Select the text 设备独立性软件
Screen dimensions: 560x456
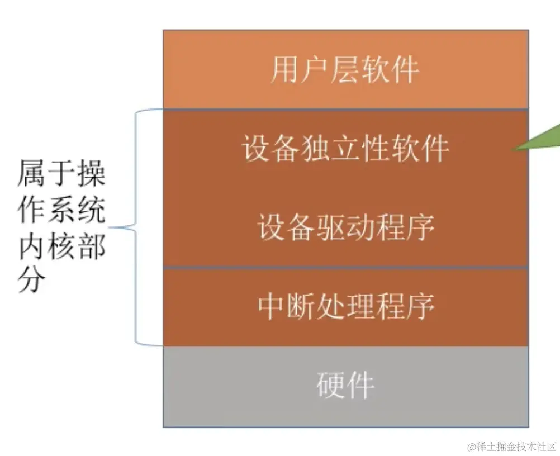coord(345,149)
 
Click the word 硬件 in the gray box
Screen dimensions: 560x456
coord(345,385)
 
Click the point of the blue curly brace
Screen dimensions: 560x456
coord(111,227)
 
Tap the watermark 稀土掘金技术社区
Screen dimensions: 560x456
coord(517,446)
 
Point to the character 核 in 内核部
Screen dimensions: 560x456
coord(61,246)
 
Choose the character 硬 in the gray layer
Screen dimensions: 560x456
coord(330,385)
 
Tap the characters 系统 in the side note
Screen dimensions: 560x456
coord(77,211)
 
